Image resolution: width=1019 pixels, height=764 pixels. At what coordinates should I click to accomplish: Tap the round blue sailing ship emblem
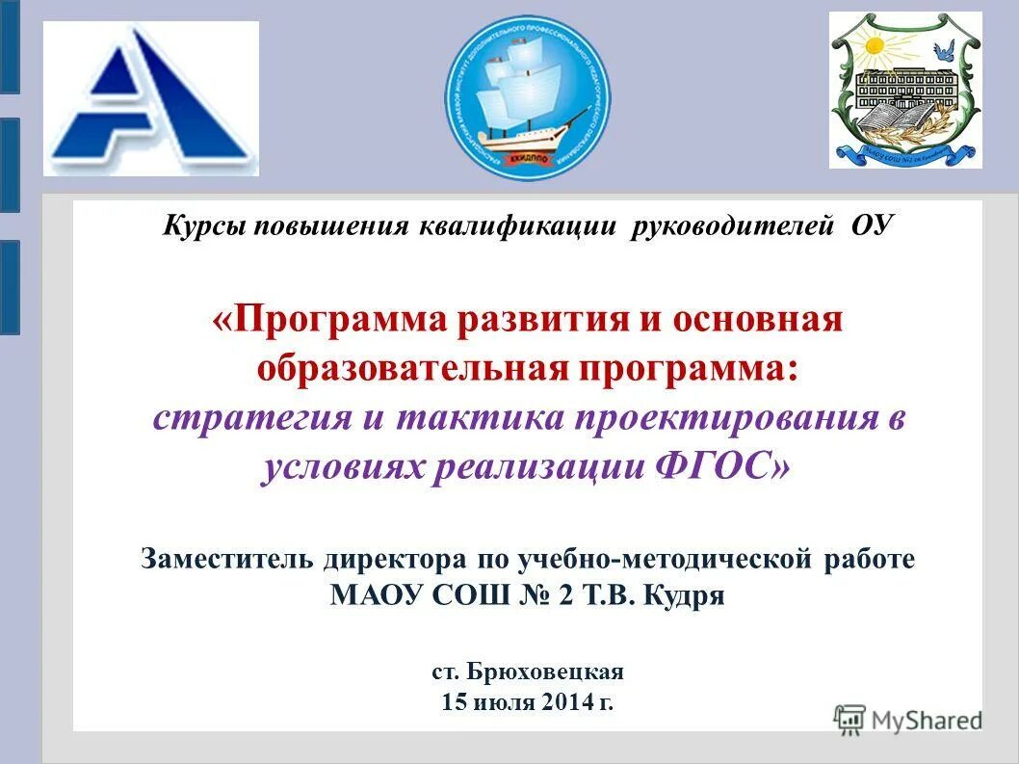(x=527, y=96)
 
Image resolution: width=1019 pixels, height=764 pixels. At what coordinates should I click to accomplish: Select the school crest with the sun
(x=905, y=91)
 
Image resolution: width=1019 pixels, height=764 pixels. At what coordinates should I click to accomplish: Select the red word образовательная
(x=406, y=368)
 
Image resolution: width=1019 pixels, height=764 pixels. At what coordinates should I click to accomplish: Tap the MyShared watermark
(x=908, y=719)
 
